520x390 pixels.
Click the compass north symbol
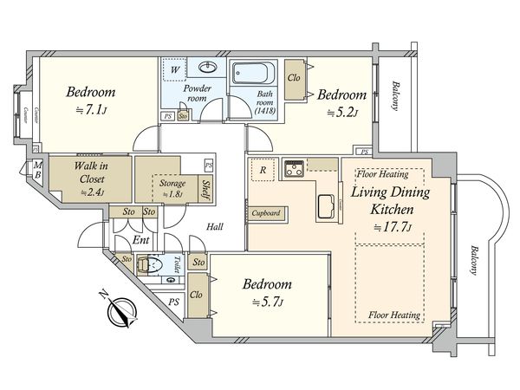point(119,310)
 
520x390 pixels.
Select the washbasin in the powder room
point(208,67)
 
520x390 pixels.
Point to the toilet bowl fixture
point(156,266)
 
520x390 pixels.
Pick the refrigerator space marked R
point(263,171)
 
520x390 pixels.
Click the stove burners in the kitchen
point(295,166)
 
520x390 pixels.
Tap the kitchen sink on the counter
point(327,206)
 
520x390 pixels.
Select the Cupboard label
point(266,212)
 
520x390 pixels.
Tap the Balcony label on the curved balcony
point(473,257)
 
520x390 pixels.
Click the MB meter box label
point(36,171)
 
